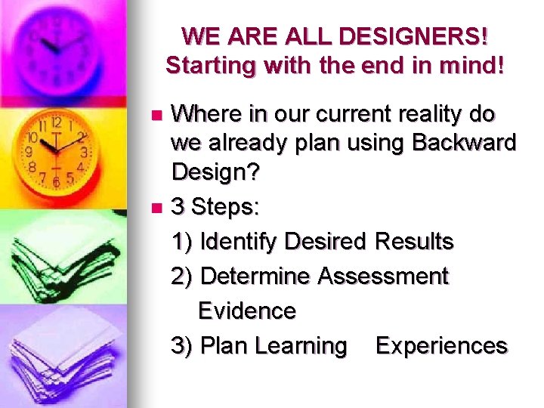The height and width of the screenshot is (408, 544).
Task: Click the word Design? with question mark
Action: click(x=215, y=172)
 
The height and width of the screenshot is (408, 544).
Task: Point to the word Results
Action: click(x=413, y=242)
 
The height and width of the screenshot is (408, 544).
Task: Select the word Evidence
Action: click(x=246, y=311)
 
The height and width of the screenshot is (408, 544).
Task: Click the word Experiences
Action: click(x=441, y=345)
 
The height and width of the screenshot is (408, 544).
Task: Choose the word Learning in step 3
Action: click(x=301, y=345)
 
